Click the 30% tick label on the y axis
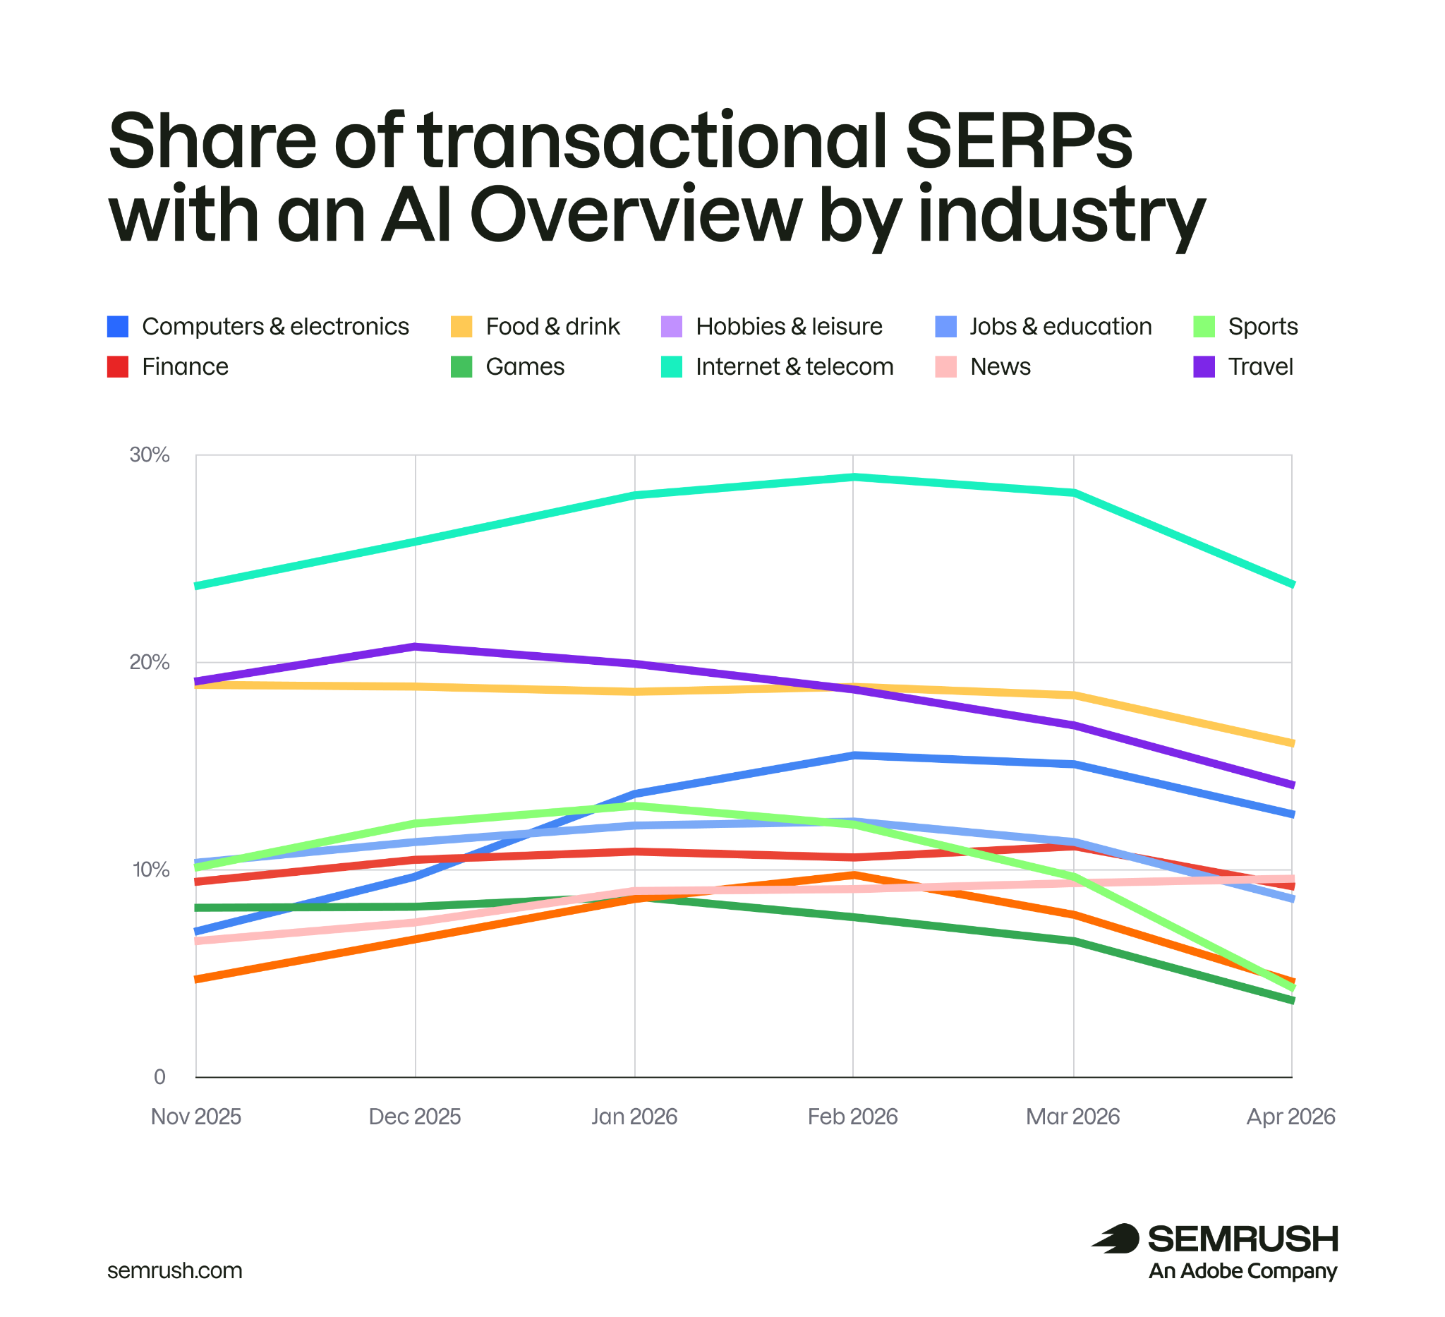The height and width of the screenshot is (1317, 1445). pyautogui.click(x=149, y=455)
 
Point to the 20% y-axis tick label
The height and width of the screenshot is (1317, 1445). pyautogui.click(x=149, y=663)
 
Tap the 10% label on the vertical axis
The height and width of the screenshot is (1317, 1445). pyautogui.click(x=150, y=870)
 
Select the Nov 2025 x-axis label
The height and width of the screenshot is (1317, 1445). pyautogui.click(x=195, y=1117)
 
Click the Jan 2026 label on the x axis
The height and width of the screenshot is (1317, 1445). pyautogui.click(x=634, y=1117)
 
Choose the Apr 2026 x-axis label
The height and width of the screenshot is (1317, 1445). pyautogui.click(x=1291, y=1117)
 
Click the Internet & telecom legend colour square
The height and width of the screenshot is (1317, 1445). pyautogui.click(x=671, y=367)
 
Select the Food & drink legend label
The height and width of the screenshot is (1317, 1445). pyautogui.click(x=552, y=327)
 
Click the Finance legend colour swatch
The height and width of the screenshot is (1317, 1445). pyautogui.click(x=118, y=367)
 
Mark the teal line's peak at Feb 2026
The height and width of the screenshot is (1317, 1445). pyautogui.click(x=853, y=476)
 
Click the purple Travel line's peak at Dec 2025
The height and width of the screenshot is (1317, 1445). pyautogui.click(x=416, y=647)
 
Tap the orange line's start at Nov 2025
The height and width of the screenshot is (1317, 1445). pyautogui.click(x=197, y=980)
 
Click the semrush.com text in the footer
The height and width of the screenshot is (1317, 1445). pyautogui.click(x=175, y=1271)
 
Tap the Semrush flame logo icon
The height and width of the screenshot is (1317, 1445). pyautogui.click(x=1116, y=1239)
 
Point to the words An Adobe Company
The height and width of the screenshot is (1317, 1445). pyautogui.click(x=1243, y=1271)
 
